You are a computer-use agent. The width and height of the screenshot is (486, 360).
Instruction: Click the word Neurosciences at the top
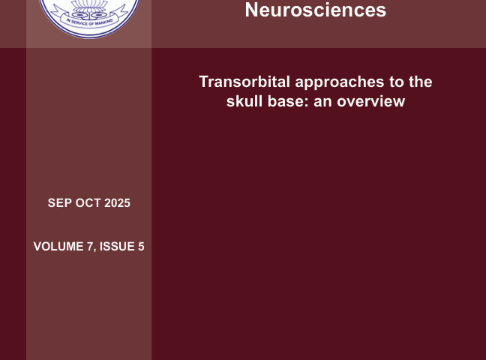[x=316, y=10]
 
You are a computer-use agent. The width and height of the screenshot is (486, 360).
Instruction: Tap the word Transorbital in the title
[x=244, y=82]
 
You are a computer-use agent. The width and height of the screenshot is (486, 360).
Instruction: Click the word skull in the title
[x=244, y=101]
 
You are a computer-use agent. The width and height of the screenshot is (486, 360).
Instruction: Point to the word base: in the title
[x=288, y=101]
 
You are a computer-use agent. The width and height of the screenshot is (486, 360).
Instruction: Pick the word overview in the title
[x=370, y=101]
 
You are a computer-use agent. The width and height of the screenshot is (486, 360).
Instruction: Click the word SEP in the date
[x=60, y=203]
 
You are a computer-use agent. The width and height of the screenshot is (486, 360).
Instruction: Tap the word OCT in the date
[x=88, y=203]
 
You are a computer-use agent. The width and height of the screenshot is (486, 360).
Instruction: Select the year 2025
[x=117, y=203]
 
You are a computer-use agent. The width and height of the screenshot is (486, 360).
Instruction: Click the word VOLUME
[x=58, y=247]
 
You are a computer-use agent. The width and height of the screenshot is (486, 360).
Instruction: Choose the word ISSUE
[x=117, y=247]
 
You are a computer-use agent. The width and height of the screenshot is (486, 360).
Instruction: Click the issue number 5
[x=141, y=247]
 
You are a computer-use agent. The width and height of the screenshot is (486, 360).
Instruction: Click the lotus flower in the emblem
[x=89, y=7]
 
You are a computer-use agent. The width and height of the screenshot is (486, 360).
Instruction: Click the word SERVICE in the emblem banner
[x=79, y=23]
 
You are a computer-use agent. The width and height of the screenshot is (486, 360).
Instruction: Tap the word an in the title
[x=323, y=102]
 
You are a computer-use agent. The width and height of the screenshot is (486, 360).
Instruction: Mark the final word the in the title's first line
[x=420, y=82]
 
